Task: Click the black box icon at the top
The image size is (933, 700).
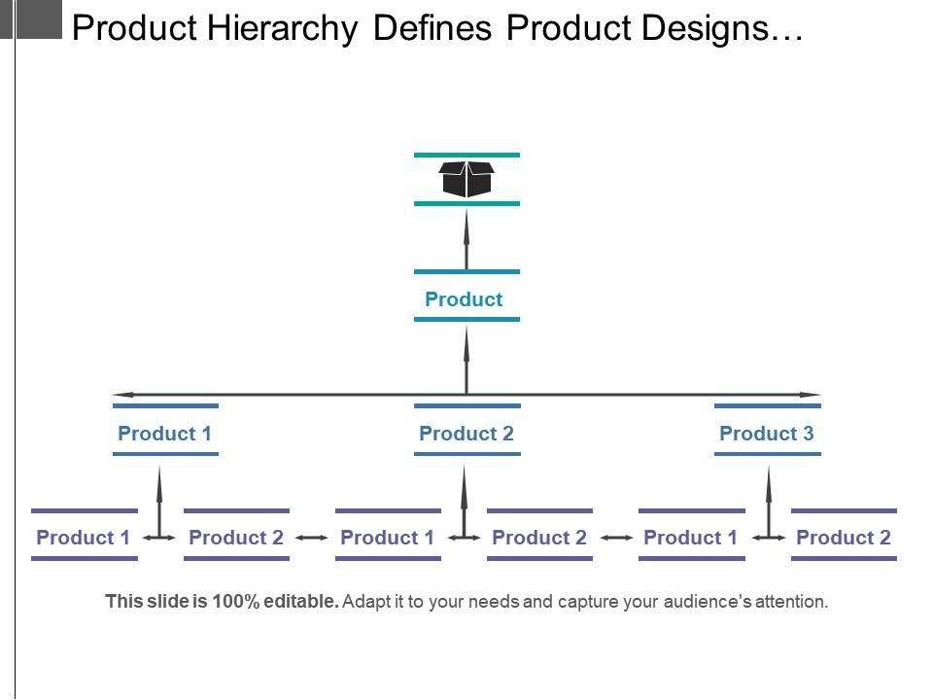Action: click(466, 179)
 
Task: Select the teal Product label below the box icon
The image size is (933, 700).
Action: click(464, 299)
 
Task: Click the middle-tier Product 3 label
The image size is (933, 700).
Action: click(766, 434)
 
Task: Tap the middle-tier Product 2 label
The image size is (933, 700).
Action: click(466, 434)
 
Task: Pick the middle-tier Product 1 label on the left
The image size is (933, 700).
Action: click(164, 434)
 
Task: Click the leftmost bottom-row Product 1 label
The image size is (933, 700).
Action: click(83, 538)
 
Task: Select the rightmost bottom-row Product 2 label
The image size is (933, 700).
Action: click(843, 538)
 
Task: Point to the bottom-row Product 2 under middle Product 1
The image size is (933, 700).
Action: click(235, 538)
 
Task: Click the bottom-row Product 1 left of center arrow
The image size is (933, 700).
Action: click(387, 538)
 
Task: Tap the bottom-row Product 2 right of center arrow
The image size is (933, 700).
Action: click(539, 538)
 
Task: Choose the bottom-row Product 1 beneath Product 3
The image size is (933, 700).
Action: click(690, 538)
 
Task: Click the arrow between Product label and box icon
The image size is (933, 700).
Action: click(466, 238)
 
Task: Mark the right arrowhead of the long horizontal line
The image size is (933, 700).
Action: click(811, 395)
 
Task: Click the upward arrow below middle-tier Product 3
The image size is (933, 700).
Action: click(769, 496)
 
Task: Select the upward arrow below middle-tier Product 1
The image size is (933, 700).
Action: click(159, 496)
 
